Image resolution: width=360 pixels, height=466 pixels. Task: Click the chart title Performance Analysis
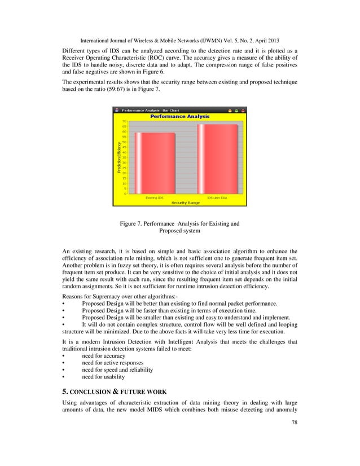point(179,116)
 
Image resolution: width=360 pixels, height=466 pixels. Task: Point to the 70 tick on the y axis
point(124,121)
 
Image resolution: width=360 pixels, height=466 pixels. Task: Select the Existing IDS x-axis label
point(154,198)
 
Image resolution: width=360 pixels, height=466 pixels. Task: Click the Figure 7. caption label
point(133,224)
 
